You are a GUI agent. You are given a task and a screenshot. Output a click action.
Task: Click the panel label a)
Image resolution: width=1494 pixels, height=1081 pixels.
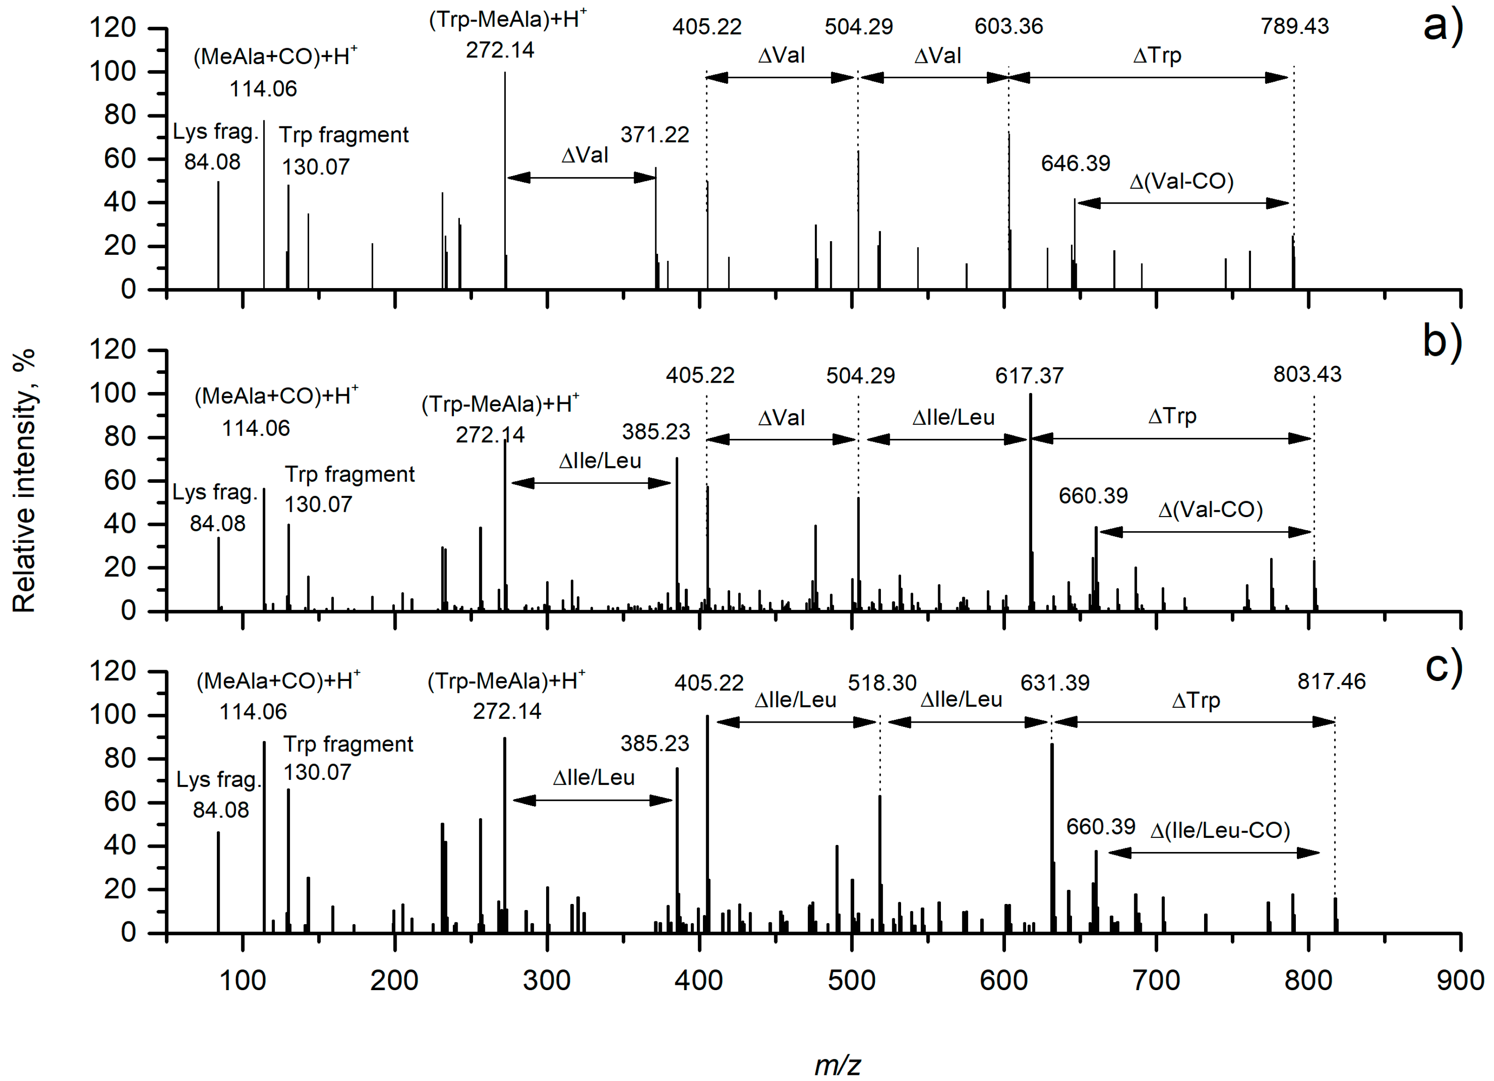coord(1442,26)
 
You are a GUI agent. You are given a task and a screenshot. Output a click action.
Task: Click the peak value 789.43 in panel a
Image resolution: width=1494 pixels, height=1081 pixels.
coord(1294,26)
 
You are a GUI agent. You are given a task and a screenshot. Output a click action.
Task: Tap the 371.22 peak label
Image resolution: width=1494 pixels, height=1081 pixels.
coord(654,135)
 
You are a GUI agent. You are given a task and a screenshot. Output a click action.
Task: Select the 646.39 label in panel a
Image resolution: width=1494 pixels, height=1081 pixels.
coord(1075,163)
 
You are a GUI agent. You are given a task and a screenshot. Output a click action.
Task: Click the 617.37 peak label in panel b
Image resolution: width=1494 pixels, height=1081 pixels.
coord(1029,376)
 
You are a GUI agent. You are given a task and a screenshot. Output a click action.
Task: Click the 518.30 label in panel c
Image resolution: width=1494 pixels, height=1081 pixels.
coord(881,683)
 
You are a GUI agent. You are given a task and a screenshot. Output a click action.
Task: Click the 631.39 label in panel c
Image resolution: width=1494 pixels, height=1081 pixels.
coord(1055,683)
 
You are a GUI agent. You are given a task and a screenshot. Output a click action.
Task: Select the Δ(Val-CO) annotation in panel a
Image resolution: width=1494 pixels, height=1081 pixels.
coord(1181,181)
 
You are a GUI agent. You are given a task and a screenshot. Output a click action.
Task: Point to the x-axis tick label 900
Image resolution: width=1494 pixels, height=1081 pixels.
coord(1460,981)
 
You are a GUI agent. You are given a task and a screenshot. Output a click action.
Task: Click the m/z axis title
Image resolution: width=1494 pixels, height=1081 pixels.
coord(837,1065)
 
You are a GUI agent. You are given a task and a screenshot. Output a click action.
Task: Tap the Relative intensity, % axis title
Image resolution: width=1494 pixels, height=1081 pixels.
coord(24,481)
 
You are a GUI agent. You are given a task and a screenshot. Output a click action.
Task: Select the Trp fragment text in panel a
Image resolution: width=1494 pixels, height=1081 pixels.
coord(343,135)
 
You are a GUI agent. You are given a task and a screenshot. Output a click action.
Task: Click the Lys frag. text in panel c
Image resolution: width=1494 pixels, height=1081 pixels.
coord(218,780)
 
